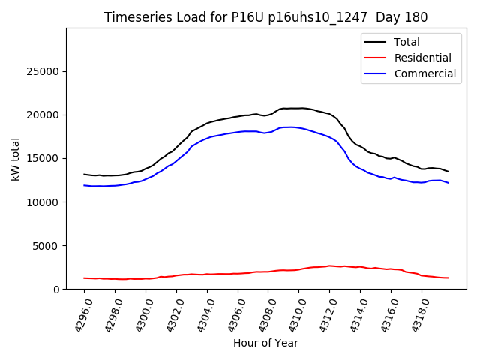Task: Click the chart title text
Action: tap(266, 17)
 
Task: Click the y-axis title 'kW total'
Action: tap(15, 159)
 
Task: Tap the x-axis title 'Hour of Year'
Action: tap(265, 343)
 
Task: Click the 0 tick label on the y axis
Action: tap(57, 289)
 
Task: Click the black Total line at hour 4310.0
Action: tap(299, 108)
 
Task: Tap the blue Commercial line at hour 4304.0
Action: tap(207, 138)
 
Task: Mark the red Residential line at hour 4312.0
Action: tap(330, 265)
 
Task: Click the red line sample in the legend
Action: tap(377, 58)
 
